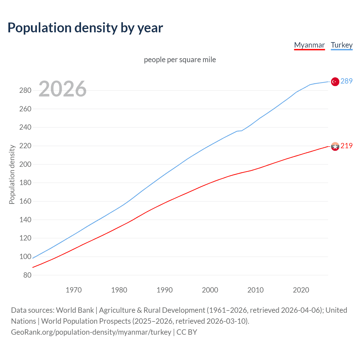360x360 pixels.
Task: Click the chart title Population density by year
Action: point(85,28)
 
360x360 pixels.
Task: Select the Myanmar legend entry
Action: point(309,45)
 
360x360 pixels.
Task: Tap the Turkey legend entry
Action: point(342,45)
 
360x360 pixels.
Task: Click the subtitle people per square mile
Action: point(180,60)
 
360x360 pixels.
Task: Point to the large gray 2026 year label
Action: point(62,89)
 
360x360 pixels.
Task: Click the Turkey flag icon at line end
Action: point(335,82)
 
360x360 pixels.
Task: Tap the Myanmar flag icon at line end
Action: point(335,146)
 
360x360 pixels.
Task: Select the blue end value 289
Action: point(346,81)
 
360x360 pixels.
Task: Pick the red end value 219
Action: point(346,146)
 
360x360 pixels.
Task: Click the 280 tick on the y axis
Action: point(25,91)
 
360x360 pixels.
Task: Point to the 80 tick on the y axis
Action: point(27,275)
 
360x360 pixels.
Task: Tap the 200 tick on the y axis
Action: point(25,164)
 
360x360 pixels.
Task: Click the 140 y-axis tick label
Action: point(25,220)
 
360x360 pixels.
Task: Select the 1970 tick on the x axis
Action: point(74,290)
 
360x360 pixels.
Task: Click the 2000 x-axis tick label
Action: point(210,290)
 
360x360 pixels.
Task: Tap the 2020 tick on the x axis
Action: point(301,290)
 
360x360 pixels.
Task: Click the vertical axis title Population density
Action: point(12,174)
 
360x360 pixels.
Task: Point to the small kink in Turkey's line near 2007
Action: point(240,131)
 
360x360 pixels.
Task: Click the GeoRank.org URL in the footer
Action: point(91,332)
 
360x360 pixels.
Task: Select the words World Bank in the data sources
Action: point(75,310)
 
